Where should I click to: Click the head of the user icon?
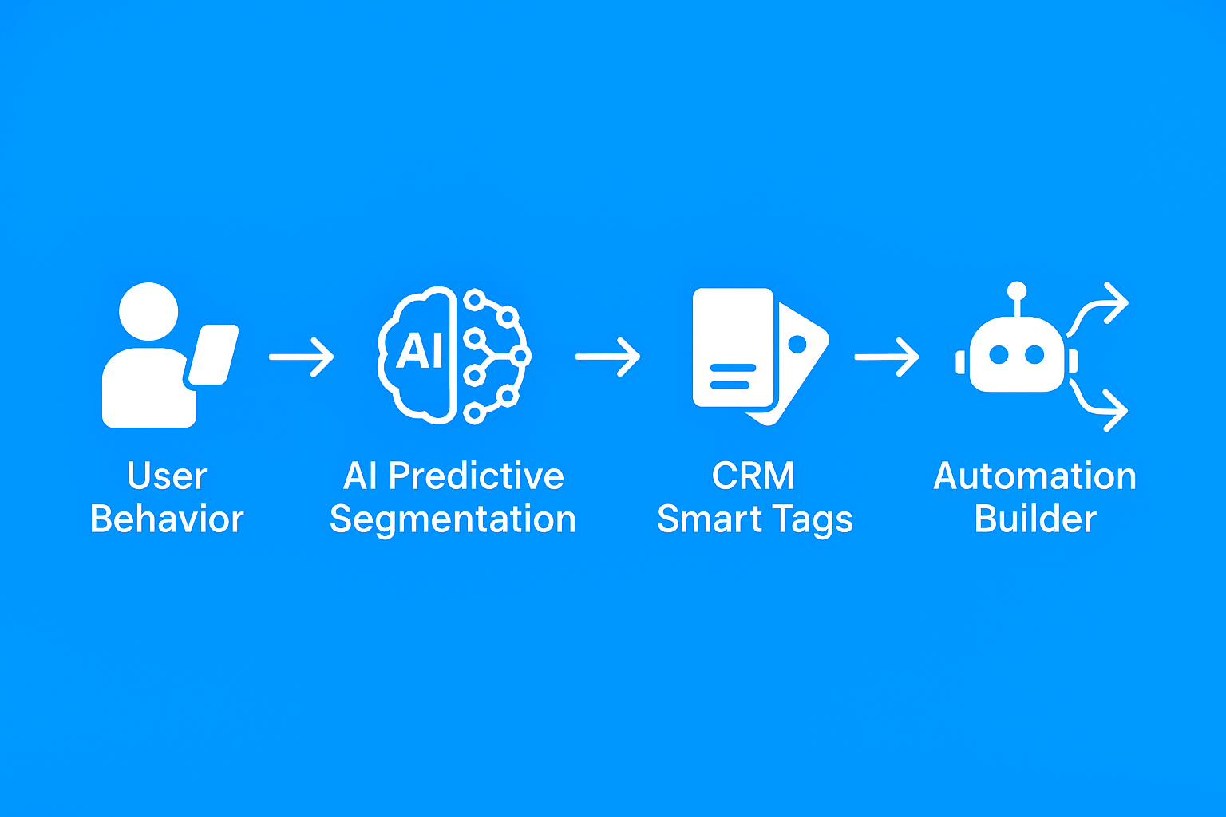click(x=148, y=311)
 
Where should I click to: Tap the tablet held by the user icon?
click(x=213, y=354)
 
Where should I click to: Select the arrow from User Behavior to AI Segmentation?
click(x=301, y=357)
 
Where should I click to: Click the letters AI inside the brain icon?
click(x=419, y=351)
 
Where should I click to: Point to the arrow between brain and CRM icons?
click(x=607, y=357)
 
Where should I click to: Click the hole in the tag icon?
click(x=797, y=344)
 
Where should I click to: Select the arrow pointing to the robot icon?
click(x=887, y=357)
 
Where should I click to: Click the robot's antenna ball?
click(x=1017, y=290)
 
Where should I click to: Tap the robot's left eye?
click(x=999, y=354)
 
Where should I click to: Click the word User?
click(x=167, y=476)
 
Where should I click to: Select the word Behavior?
click(x=167, y=519)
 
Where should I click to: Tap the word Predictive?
click(x=477, y=476)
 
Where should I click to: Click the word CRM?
click(x=753, y=476)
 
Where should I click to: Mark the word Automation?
click(x=1035, y=476)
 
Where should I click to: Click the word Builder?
click(x=1035, y=519)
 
